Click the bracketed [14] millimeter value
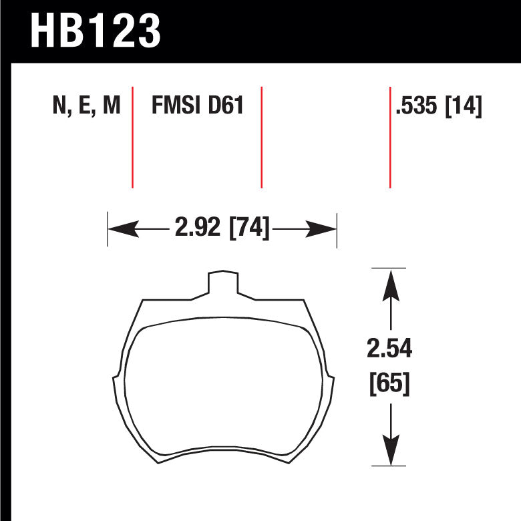click(464, 106)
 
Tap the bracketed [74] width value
click(250, 229)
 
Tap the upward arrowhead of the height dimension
click(390, 283)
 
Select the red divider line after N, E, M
click(132, 137)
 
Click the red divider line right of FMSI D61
click(261, 137)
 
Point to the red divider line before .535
click(390, 137)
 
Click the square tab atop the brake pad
click(222, 283)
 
